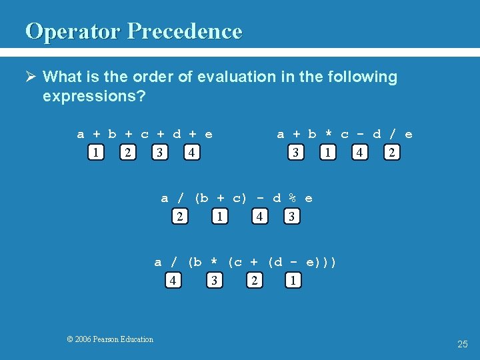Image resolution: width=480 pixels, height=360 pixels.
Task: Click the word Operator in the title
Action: coord(73,31)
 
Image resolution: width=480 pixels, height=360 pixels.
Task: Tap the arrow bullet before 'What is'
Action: coord(31,77)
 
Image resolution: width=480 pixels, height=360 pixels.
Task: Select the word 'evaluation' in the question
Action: coord(219,77)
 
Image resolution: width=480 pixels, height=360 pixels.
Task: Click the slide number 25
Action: coord(463,344)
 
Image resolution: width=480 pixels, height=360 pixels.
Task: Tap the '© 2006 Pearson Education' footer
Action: coord(110,339)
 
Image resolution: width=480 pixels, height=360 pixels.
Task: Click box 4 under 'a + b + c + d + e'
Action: coord(191,153)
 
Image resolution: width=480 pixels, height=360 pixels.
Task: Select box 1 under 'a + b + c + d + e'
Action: coord(97,153)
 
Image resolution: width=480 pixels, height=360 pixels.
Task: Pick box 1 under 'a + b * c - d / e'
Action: coord(327,153)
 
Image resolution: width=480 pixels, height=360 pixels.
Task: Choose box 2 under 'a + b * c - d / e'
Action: coord(392,153)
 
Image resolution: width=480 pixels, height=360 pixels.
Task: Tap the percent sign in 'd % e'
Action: coord(292,198)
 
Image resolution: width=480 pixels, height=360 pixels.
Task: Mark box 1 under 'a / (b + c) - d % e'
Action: coord(219,217)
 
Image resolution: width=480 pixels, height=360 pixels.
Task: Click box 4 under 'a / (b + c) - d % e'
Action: coord(259,217)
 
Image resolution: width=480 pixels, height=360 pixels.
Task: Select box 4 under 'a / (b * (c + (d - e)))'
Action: coord(173,281)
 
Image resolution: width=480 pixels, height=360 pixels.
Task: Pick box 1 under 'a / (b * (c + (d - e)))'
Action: coord(293,281)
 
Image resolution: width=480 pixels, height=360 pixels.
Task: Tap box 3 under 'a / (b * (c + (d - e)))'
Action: coord(214,281)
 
